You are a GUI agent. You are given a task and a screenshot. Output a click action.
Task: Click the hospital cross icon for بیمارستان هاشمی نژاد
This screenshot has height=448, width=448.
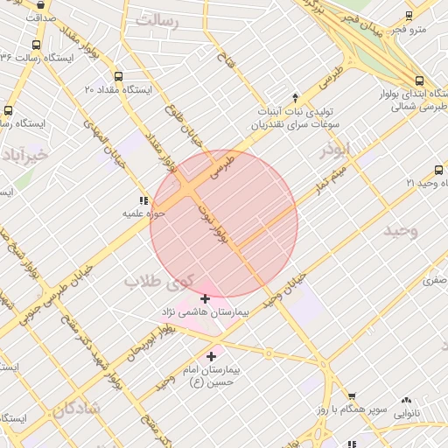(x=205, y=298)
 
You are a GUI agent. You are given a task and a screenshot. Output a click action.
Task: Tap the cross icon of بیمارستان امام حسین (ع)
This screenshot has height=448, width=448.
(x=211, y=356)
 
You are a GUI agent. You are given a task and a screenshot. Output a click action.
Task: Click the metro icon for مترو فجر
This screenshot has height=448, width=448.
(x=409, y=16)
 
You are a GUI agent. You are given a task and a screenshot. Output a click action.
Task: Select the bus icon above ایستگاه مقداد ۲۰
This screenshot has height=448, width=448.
(x=119, y=76)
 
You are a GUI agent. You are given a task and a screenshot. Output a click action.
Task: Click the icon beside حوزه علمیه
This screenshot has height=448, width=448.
(x=143, y=200)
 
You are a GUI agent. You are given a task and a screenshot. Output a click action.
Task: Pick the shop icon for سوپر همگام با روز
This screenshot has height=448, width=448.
(x=352, y=396)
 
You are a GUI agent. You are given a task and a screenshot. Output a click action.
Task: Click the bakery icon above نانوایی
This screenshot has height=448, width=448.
(x=406, y=400)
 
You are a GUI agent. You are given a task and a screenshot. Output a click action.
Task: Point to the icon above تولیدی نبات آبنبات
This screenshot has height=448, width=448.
(x=295, y=97)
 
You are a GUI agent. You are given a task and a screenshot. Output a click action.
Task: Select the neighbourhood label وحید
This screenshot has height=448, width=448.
(x=401, y=230)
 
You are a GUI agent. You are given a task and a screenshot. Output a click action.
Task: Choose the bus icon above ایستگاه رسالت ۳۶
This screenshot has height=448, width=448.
(x=35, y=45)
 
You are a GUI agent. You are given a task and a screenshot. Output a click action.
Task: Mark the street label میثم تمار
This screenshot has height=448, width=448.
(x=333, y=175)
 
